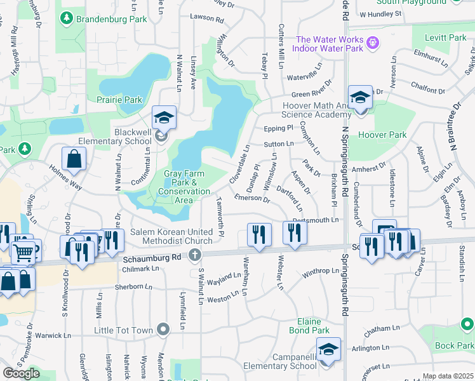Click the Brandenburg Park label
click(111, 19)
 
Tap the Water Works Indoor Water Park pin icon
click(372, 43)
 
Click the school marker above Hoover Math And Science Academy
click(360, 98)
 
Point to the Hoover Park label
click(382, 135)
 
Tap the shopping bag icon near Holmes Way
click(74, 160)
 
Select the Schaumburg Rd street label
click(153, 258)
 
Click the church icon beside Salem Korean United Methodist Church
click(195, 255)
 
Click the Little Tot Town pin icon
click(164, 329)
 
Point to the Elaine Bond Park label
click(309, 326)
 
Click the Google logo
click(21, 373)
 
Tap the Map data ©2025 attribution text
click(447, 376)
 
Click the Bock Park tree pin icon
click(467, 325)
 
